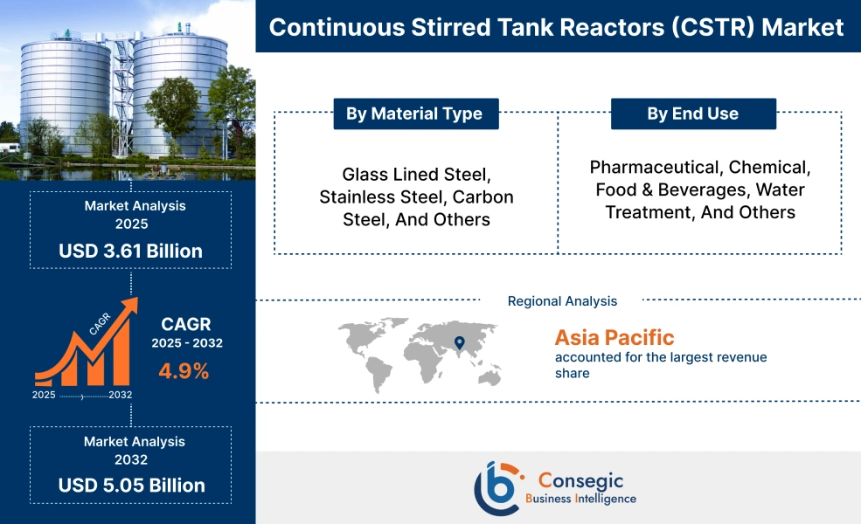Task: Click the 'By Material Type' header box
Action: (x=414, y=114)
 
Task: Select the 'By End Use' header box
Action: (x=692, y=114)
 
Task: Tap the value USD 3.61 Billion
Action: (x=130, y=252)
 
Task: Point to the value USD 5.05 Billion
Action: (x=131, y=485)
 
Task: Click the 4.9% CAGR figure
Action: (x=184, y=371)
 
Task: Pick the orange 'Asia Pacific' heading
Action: (x=615, y=337)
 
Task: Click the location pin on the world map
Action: (x=459, y=343)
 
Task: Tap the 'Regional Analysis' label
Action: (x=562, y=301)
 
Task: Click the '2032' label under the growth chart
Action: (x=121, y=396)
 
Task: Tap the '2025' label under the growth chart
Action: (x=44, y=396)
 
